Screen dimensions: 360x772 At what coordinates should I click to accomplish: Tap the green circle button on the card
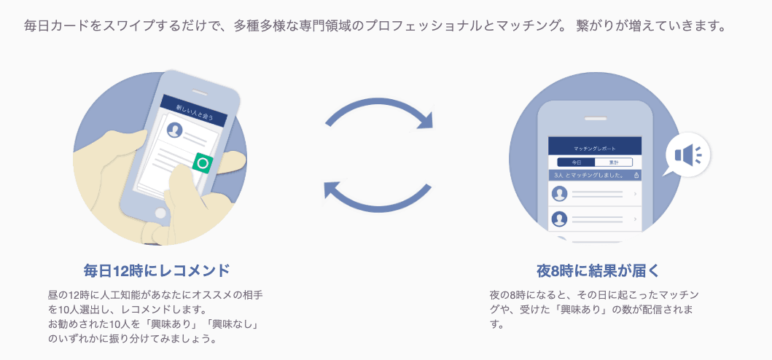point(203,163)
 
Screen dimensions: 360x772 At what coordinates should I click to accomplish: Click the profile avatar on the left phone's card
point(174,130)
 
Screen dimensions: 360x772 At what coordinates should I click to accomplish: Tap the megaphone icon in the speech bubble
point(687,154)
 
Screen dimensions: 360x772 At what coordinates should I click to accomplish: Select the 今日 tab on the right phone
point(576,162)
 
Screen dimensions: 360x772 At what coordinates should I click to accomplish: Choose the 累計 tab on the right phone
point(613,162)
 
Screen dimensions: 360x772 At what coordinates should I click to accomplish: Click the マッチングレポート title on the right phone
point(594,147)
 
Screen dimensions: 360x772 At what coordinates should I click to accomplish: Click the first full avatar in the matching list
point(560,194)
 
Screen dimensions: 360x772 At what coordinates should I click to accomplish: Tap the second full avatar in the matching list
point(560,218)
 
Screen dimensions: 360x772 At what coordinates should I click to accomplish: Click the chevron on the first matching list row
point(635,194)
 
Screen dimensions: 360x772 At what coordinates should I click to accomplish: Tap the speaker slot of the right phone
point(594,116)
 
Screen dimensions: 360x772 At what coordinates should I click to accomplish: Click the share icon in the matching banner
point(636,176)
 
